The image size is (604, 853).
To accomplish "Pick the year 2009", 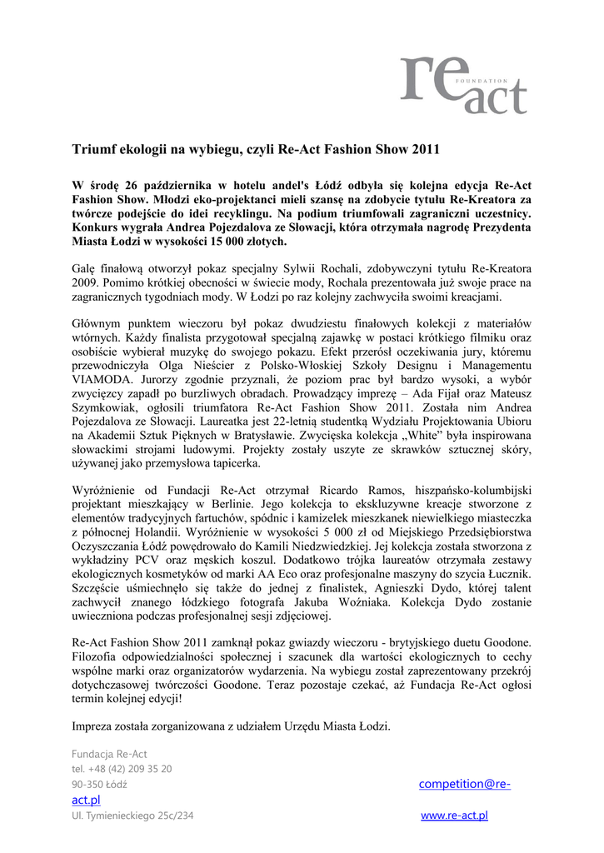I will click(x=87, y=283).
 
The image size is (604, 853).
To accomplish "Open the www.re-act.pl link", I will click(x=454, y=816).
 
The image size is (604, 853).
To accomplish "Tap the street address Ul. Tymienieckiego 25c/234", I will click(x=132, y=816).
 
